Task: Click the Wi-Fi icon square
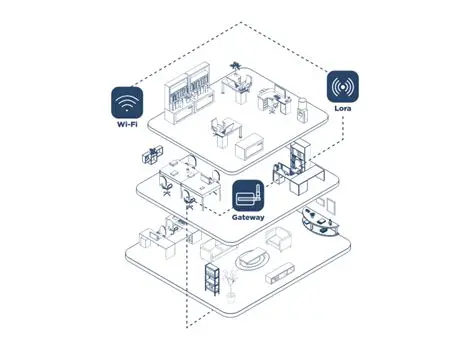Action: point(128,103)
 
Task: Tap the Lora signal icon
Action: point(344,86)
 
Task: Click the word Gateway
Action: point(249,216)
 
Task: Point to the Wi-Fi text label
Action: point(128,126)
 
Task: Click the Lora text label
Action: point(344,109)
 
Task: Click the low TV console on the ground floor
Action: point(282,271)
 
